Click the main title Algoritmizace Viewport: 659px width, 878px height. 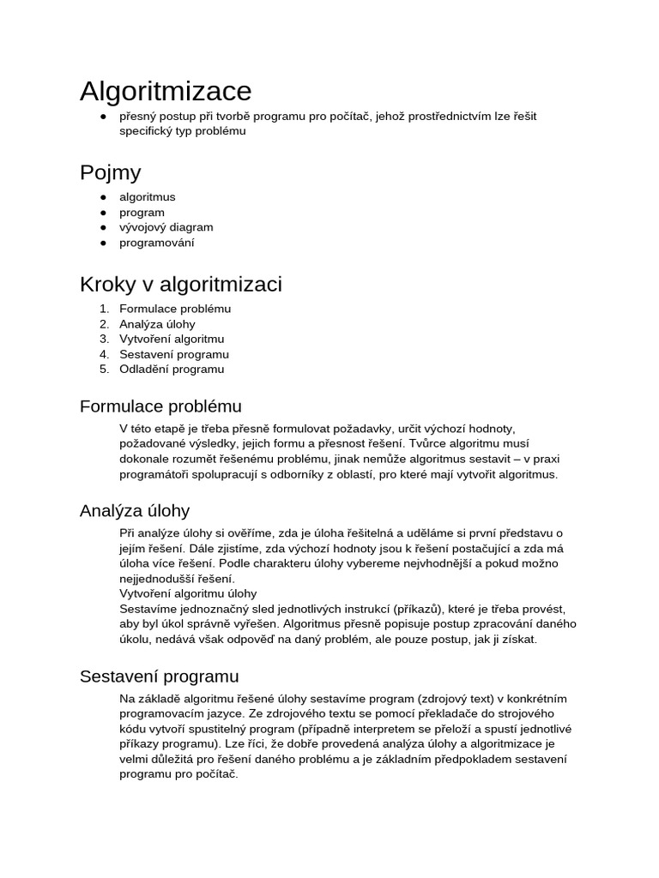166,90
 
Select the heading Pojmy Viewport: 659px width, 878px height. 110,172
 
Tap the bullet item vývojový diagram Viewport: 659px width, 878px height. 166,227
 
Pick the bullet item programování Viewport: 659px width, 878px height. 157,243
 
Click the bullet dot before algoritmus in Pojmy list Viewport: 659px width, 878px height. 102,197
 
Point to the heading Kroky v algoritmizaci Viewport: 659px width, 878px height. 180,284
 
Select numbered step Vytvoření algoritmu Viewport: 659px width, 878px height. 172,339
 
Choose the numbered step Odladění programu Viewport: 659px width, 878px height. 172,370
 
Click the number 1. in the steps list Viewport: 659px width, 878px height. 104,309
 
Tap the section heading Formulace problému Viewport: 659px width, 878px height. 160,406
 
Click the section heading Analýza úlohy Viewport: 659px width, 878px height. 135,511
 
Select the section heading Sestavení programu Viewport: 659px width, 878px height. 160,677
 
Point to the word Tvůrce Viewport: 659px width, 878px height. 427,443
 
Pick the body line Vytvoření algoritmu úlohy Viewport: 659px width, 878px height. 188,593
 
